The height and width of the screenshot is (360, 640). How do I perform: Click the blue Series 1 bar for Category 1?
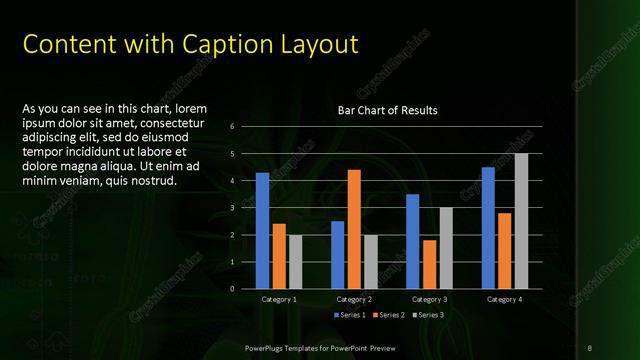pos(262,230)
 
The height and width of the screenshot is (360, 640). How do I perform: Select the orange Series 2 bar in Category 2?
pos(354,229)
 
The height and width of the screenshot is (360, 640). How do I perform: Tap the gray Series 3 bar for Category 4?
pos(521,221)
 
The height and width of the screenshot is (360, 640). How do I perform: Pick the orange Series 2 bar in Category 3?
pos(429,264)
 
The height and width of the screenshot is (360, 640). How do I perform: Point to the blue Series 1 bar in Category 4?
pos(488,227)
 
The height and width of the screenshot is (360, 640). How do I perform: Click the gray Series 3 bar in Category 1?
pos(295,261)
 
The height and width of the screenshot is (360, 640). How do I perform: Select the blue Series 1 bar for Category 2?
pos(337,254)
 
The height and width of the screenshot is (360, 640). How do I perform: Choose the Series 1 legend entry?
pos(348,315)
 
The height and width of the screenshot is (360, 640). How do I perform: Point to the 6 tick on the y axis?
pos(231,127)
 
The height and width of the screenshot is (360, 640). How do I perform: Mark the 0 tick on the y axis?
pos(231,289)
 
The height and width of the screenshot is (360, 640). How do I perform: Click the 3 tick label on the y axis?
pos(231,208)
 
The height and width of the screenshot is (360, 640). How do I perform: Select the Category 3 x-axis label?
pos(429,299)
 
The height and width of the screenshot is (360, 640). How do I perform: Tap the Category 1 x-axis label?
pos(279,299)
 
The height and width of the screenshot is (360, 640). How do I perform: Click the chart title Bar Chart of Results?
pos(388,110)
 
